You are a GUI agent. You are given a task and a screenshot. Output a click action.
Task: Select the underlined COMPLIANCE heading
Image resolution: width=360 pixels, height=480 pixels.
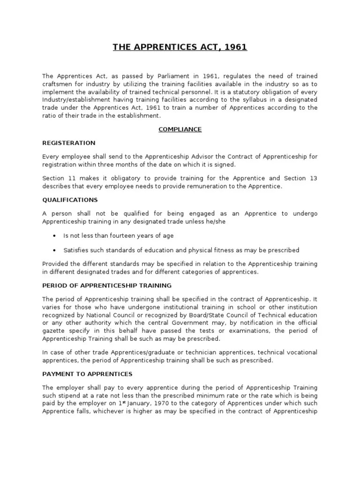tap(180, 129)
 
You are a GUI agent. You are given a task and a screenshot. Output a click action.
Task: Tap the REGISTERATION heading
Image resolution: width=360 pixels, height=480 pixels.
tap(68, 142)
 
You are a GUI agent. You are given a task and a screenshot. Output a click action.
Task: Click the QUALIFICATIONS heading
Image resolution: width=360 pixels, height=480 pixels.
tap(69, 199)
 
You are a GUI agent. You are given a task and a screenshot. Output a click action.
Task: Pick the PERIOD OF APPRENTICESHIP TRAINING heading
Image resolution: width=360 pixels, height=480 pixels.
tap(107, 285)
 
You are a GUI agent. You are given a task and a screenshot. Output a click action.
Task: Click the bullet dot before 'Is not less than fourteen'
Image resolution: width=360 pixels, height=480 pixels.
tap(56, 236)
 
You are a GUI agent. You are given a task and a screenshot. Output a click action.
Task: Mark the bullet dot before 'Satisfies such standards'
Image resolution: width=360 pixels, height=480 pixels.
tap(56, 250)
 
